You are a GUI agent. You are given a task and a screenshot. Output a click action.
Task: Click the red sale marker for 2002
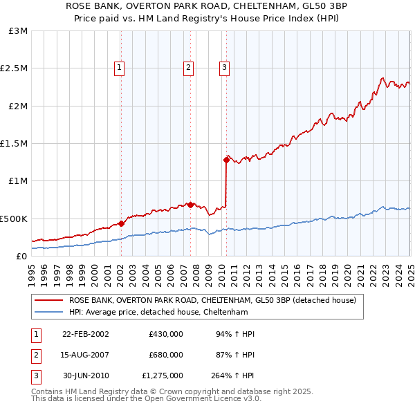pos(121,223)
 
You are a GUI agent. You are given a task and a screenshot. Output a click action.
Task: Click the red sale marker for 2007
pos(190,205)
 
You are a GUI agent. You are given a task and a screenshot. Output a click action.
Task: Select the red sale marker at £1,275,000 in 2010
pos(226,160)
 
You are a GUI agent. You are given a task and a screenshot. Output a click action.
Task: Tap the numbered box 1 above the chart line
pos(120,67)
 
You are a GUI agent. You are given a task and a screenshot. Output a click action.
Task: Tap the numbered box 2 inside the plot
pos(188,67)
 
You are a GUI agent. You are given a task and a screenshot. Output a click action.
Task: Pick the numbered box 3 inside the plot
pos(225,67)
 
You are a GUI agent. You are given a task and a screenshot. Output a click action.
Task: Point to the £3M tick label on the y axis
pos(18,31)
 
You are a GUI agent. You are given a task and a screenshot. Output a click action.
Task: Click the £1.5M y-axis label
pos(15,144)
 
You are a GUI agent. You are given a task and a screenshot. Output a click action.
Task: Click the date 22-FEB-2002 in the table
pos(86,333)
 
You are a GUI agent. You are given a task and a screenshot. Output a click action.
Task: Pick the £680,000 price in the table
pos(166,355)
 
